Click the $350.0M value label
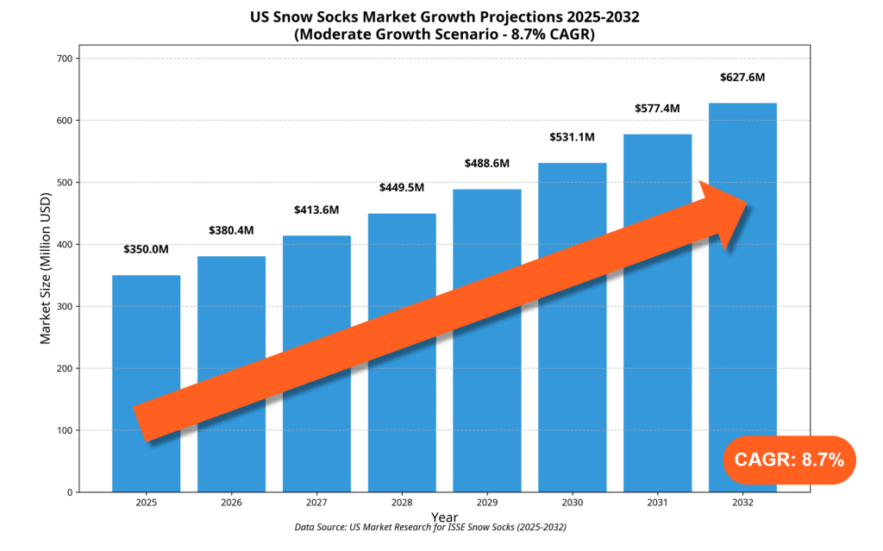point(146,250)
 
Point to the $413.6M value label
point(316,210)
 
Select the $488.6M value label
point(487,163)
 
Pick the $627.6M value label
point(742,78)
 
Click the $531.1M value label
point(573,137)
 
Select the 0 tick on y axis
point(70,492)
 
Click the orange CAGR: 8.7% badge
point(788,460)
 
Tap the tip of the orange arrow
point(747,204)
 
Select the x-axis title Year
point(444,517)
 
